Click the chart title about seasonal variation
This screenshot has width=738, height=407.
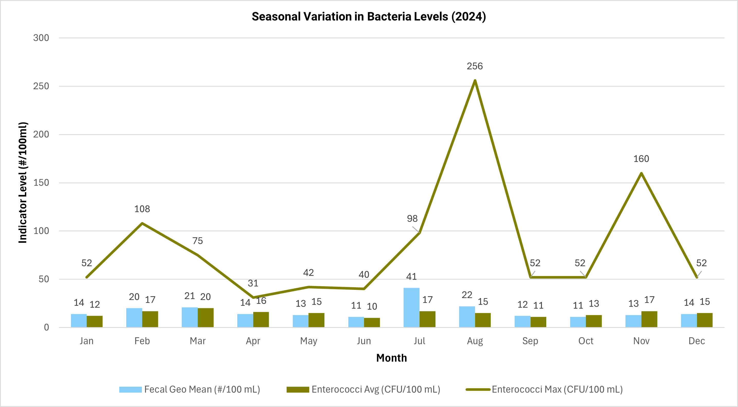[369, 17]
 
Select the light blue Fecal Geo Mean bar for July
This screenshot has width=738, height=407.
[411, 307]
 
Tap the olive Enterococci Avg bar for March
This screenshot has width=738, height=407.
[205, 317]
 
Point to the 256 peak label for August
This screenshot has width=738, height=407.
[475, 66]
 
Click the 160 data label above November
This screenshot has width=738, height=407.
[641, 159]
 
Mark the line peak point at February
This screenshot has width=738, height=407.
[142, 223]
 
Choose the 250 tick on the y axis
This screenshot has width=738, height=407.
[41, 86]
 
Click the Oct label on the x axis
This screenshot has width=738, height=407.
[586, 341]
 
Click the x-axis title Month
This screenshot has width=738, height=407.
[391, 358]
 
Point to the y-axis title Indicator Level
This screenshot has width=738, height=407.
[23, 182]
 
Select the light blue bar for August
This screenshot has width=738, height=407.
[467, 317]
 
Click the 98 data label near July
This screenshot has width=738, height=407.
[412, 219]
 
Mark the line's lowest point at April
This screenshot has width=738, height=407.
[253, 297]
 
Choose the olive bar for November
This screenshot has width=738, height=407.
[649, 319]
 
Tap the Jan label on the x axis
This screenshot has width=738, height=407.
[87, 341]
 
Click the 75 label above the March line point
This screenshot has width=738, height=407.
[197, 241]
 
